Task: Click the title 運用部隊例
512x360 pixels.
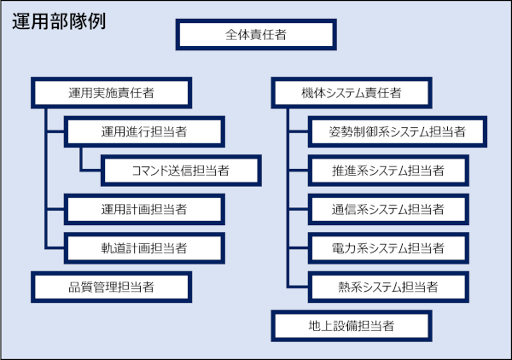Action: click(59, 21)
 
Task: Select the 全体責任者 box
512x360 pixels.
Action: click(256, 35)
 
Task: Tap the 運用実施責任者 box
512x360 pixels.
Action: click(111, 93)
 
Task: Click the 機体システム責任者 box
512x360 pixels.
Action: click(352, 93)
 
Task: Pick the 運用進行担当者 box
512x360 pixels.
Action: click(144, 131)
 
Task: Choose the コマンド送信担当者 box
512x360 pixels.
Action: click(181, 171)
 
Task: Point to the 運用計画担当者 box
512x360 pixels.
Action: click(144, 209)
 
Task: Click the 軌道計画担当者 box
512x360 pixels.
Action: click(144, 248)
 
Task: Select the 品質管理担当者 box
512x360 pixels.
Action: click(111, 287)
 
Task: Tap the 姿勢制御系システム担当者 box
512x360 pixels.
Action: click(398, 131)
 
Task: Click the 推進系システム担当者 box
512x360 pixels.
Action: click(388, 171)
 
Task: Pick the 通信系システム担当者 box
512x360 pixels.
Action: click(388, 209)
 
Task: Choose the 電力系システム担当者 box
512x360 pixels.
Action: click(388, 248)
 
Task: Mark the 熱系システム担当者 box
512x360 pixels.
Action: click(388, 287)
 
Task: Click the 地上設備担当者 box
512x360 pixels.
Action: click(352, 326)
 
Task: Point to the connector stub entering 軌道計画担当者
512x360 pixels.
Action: click(55, 248)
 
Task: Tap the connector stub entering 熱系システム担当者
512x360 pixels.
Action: click(298, 287)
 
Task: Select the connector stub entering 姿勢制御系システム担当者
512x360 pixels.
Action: click(298, 131)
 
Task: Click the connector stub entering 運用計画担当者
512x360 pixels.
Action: click(55, 209)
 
